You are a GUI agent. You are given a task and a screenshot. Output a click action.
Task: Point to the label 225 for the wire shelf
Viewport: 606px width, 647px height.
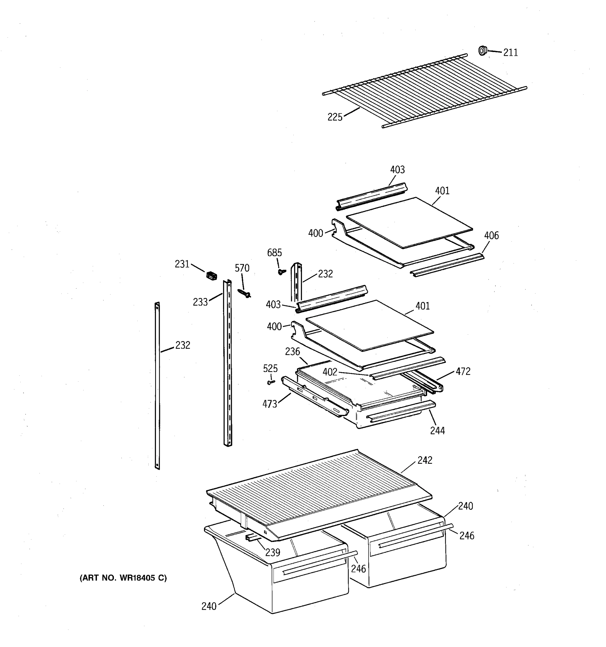pos(335,117)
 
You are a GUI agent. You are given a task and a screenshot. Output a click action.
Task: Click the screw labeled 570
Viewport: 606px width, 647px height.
pos(244,293)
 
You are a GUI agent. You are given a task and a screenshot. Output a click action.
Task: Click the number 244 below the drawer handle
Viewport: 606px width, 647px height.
pos(437,431)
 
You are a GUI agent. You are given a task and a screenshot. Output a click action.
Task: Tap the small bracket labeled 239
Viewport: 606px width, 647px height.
pos(252,537)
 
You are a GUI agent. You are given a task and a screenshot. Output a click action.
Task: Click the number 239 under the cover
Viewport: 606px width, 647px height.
pos(273,552)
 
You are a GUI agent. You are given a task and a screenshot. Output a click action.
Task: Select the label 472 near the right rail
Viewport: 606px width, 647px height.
pos(463,371)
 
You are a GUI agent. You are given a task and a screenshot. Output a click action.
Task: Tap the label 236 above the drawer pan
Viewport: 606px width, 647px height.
pos(292,352)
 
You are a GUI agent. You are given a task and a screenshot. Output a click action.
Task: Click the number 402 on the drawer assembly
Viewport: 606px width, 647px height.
pos(330,372)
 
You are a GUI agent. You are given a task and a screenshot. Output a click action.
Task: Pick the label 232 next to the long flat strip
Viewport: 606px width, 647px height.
pos(182,345)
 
